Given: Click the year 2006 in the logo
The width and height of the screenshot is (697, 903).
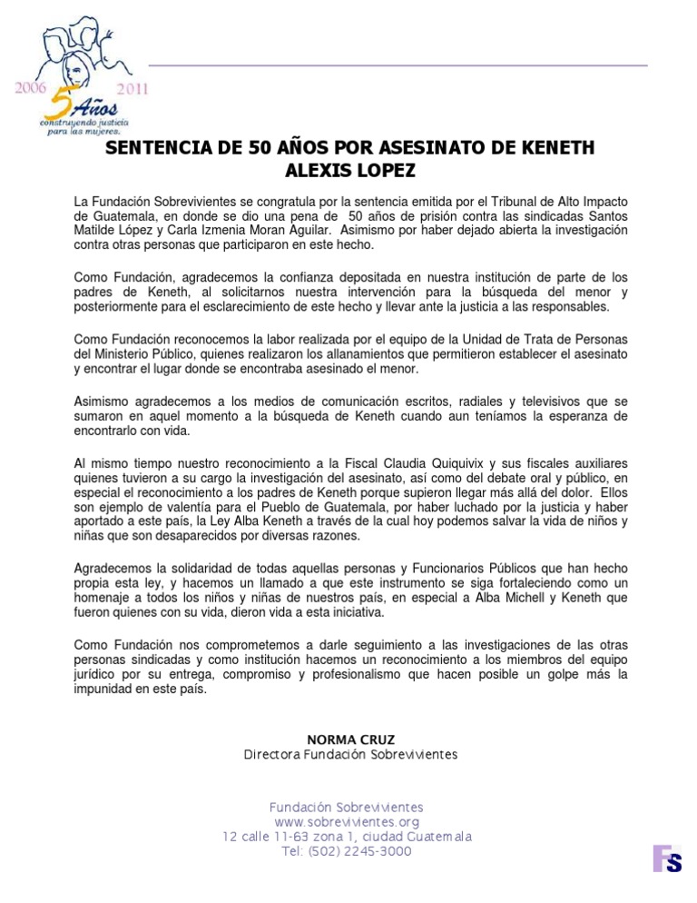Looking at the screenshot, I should click(29, 88).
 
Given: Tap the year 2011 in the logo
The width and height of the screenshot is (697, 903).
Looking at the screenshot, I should click(131, 89).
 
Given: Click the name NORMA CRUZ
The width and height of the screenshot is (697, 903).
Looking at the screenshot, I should click(350, 739).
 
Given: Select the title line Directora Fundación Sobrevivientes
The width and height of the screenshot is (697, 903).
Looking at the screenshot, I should click(350, 755).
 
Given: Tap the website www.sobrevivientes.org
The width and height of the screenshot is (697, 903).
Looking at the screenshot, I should click(347, 822).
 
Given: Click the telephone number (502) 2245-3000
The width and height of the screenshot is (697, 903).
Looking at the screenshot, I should click(363, 851).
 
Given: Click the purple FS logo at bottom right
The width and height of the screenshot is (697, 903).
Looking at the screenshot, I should click(667, 858).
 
